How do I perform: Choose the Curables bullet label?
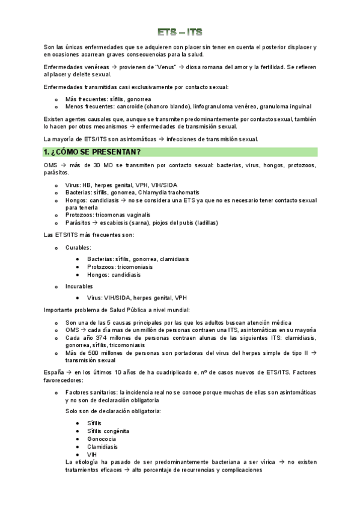(78, 247)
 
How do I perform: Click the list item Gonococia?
(102, 438)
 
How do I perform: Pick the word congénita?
(118, 431)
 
